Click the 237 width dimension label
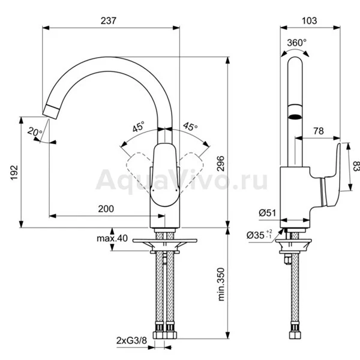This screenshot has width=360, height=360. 109,20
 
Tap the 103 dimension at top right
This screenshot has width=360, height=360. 309,20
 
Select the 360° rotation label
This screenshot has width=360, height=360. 296,43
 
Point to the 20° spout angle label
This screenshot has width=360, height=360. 35,132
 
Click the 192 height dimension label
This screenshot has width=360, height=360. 14,172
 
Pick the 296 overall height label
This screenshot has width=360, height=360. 221,163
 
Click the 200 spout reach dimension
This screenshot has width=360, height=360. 106,209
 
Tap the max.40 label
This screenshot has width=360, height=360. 112,238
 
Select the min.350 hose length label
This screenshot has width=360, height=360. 221,284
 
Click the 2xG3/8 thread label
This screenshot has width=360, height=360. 131,340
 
